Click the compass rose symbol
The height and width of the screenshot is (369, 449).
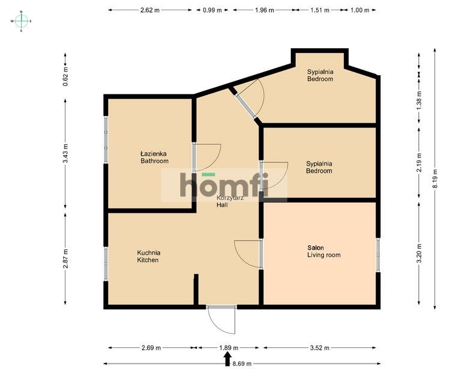coord(21,21)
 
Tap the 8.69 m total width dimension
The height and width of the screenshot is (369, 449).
coord(242,364)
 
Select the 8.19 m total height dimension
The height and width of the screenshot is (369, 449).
coord(435,179)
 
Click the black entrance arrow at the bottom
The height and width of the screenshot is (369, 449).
coord(227,359)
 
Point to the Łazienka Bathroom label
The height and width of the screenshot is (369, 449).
coord(154,157)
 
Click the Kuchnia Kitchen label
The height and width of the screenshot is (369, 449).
coord(148,256)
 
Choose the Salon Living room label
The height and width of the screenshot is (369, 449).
coord(324,251)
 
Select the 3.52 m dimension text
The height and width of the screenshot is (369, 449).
coord(320,348)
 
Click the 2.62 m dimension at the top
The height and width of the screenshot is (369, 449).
coord(150,10)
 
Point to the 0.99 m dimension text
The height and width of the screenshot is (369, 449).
coord(212,10)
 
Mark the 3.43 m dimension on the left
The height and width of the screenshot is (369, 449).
coord(66,153)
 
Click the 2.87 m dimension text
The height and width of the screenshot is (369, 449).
coord(66,258)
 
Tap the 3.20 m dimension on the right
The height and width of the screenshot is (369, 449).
coord(419,254)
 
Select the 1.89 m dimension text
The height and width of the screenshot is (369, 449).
coord(229,348)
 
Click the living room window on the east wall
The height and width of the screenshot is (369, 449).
coord(378,255)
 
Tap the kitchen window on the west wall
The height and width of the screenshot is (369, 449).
coord(106,263)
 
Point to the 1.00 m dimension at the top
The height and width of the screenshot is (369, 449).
coord(360,10)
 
